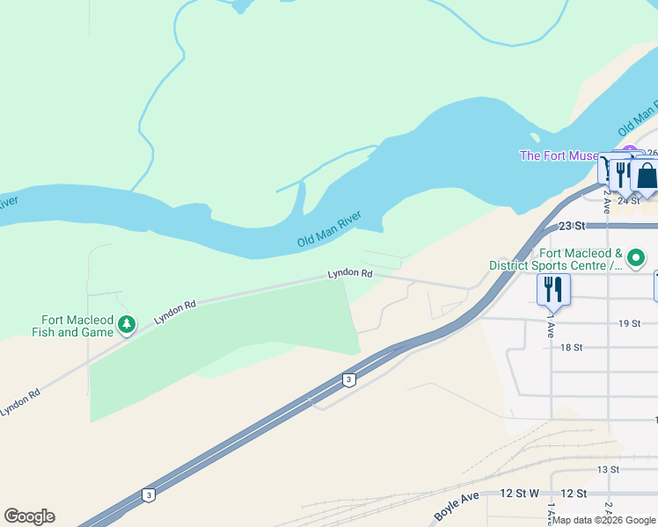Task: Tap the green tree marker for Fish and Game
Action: (128, 326)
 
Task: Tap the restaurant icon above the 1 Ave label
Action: (553, 288)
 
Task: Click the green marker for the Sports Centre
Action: (636, 258)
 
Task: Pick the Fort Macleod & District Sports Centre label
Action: (556, 258)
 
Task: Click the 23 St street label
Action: (572, 225)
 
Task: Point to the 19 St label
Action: (629, 323)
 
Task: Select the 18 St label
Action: (572, 347)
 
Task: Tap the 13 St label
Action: (608, 469)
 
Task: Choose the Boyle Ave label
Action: (457, 507)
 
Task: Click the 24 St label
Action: (627, 200)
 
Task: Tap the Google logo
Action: (29, 516)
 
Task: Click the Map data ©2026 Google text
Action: (604, 520)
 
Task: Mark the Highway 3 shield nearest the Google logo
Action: (149, 495)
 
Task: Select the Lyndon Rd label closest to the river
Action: (350, 273)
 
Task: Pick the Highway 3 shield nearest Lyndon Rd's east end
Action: (349, 379)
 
